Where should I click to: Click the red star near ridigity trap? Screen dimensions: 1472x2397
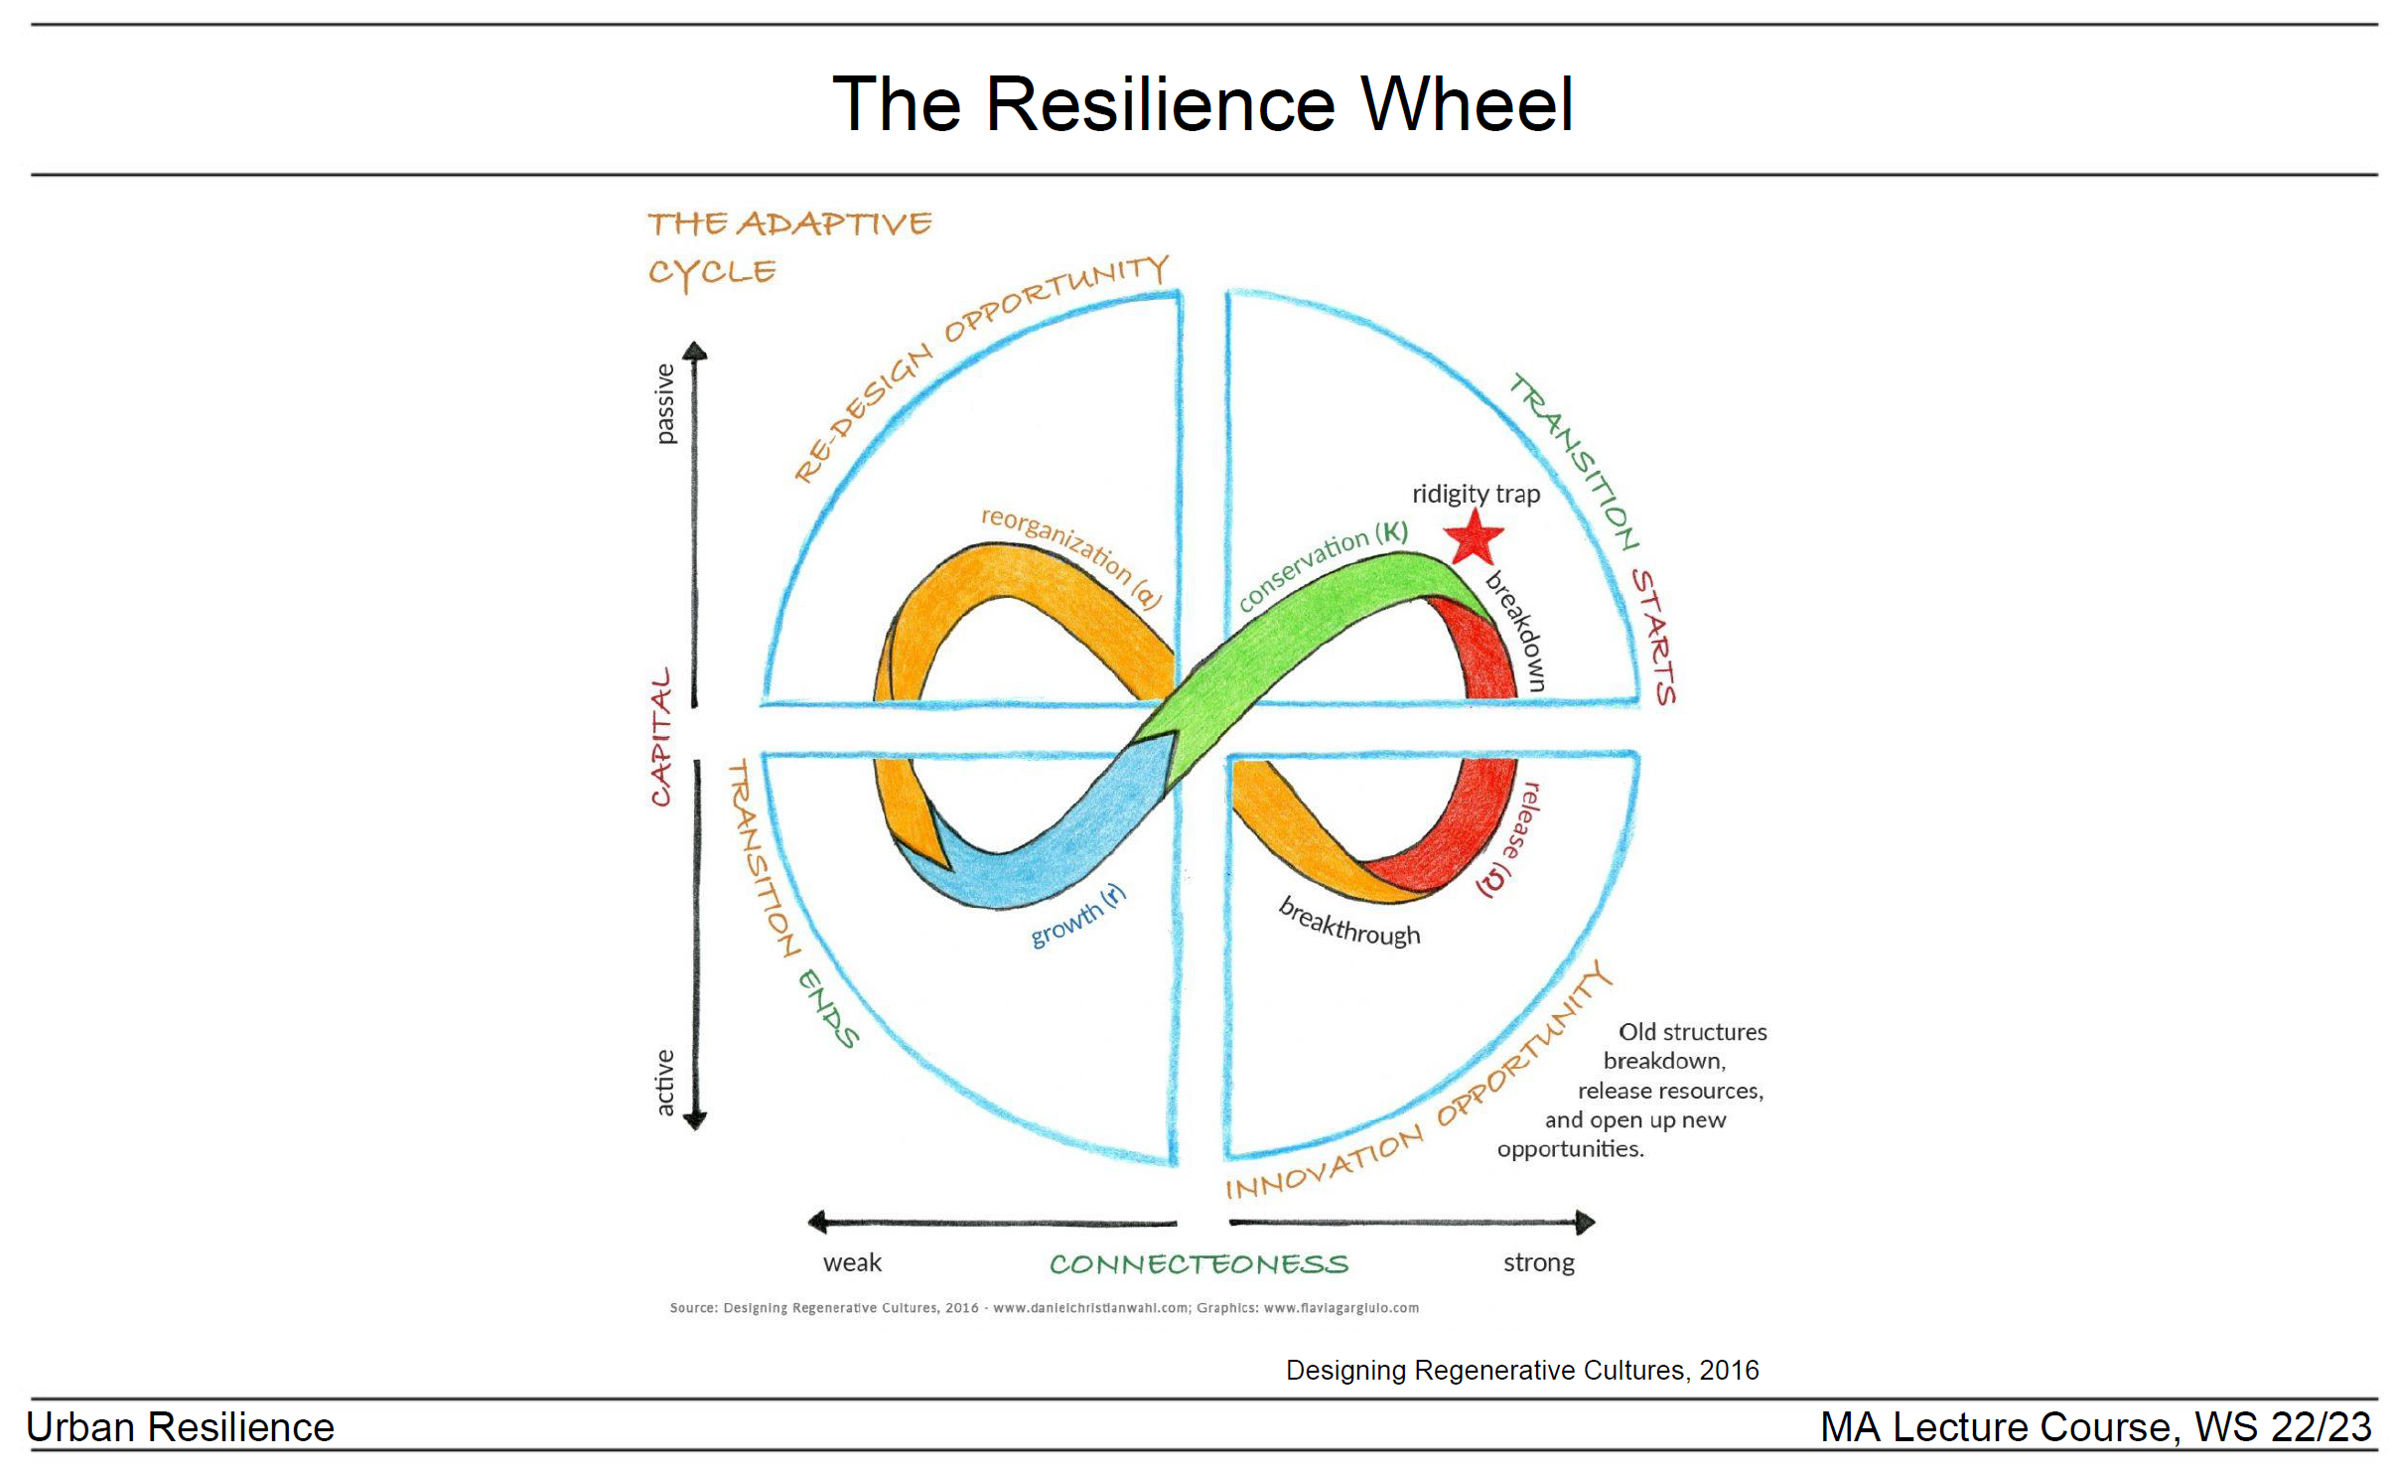click(1473, 537)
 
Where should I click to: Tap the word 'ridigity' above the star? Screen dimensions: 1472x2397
click(1450, 494)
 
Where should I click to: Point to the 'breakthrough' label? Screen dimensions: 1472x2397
click(1349, 923)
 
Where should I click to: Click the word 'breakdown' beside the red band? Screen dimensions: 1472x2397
click(1516, 632)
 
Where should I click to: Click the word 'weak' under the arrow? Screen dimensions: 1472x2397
click(852, 1262)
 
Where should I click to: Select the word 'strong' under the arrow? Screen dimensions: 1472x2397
click(1538, 1262)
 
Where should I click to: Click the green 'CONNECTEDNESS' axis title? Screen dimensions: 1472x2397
click(1198, 1264)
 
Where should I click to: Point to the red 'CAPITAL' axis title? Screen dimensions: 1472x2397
click(661, 736)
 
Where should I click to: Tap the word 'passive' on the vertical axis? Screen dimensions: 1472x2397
click(664, 403)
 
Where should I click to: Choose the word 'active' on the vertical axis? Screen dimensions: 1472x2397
click(664, 1083)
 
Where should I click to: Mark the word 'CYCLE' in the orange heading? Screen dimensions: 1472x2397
click(712, 272)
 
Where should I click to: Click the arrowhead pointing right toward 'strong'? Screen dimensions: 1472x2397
click(1585, 1222)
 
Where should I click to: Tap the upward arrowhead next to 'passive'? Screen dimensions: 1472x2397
click(695, 351)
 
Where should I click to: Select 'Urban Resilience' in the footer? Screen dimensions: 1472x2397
click(180, 1427)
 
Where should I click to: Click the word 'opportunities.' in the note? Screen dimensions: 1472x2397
click(1570, 1149)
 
